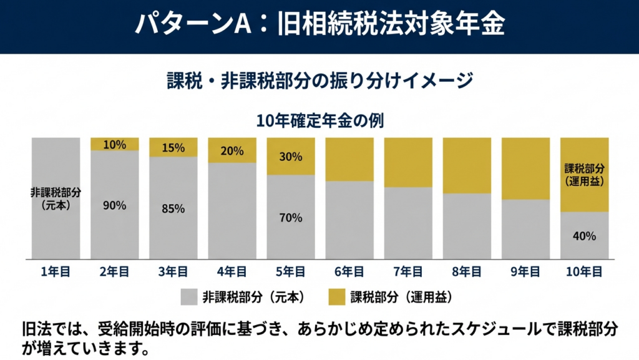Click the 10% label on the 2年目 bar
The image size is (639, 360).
[115, 144]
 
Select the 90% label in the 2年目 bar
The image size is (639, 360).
[115, 205]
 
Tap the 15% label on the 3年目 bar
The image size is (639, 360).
[173, 148]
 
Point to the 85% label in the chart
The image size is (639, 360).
[173, 208]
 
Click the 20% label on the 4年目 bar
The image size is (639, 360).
[232, 150]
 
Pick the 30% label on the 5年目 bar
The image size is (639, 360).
[291, 157]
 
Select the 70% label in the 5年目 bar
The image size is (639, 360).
[291, 218]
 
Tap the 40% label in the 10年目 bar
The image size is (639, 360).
[584, 236]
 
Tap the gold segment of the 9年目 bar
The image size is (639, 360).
[525, 168]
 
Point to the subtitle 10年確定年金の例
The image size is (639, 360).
[319, 119]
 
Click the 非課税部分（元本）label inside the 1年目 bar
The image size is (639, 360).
[56, 198]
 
